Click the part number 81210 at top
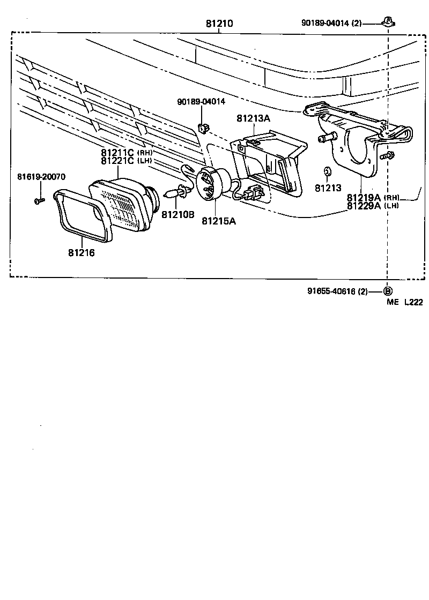tap(219, 24)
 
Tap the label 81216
tap(82, 252)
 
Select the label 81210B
tap(177, 214)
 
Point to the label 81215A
tap(219, 220)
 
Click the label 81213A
tap(254, 118)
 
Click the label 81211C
tap(118, 152)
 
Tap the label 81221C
tap(118, 160)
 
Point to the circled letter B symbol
tap(388, 291)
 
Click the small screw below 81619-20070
tap(38, 201)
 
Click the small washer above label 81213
tap(327, 171)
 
